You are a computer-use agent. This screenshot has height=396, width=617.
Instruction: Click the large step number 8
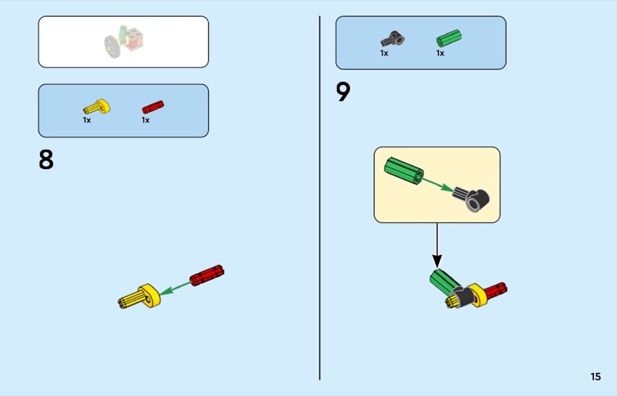coord(46,160)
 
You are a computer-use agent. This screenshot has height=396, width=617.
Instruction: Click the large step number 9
coord(343,92)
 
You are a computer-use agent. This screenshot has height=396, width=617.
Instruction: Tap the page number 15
coord(595,377)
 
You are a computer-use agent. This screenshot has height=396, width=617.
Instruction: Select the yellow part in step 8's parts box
coord(97,107)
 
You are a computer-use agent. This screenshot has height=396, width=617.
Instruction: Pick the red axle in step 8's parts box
coord(153,107)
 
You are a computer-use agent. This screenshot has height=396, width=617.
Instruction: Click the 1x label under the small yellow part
coord(87,120)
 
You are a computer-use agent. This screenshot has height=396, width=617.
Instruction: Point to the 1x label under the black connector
coord(384,52)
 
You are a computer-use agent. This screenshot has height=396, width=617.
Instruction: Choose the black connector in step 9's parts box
coord(393,39)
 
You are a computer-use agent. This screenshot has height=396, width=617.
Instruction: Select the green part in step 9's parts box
coord(449,39)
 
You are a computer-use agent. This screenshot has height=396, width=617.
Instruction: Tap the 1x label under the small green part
coord(440,52)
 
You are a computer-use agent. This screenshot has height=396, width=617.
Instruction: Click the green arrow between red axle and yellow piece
coord(175,289)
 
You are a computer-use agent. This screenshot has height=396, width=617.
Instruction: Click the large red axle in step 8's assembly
coord(207,275)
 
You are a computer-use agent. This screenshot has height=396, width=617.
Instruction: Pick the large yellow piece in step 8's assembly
coord(140,296)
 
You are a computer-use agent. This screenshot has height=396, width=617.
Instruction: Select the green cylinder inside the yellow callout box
coord(404,171)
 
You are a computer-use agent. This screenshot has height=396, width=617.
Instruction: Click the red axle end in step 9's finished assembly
coord(496,291)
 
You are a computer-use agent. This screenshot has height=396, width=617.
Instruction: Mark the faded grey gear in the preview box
coord(112,46)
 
